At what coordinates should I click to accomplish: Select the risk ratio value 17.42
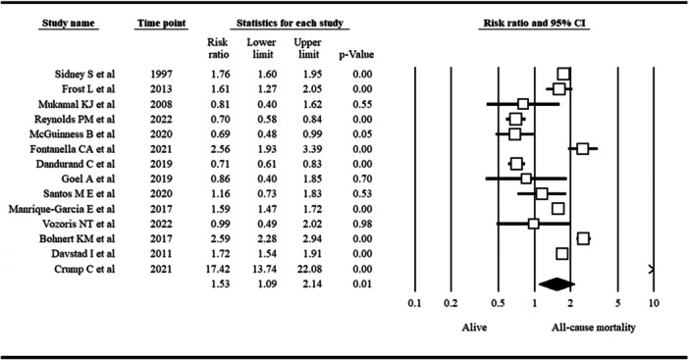tap(219, 268)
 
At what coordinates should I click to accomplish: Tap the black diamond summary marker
tap(555, 283)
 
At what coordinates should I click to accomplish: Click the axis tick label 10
tap(653, 303)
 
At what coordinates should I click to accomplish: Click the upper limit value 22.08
tap(307, 268)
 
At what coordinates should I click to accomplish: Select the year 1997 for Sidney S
tap(159, 74)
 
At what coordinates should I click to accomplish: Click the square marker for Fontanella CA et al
tap(582, 148)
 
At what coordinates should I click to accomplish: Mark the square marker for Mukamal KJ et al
tap(523, 103)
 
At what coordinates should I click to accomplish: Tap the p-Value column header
tap(347, 54)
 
